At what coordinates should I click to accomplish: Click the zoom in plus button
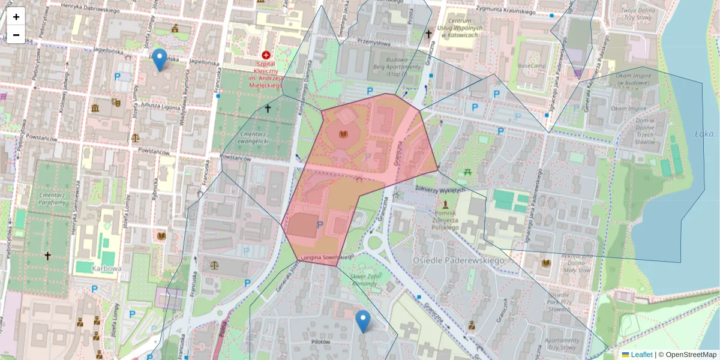pyautogui.click(x=16, y=17)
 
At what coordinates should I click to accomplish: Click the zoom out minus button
pyautogui.click(x=16, y=35)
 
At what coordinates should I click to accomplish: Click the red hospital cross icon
pyautogui.click(x=266, y=55)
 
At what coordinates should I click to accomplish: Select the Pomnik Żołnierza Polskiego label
pyautogui.click(x=445, y=220)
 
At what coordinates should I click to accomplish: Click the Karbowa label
pyautogui.click(x=107, y=269)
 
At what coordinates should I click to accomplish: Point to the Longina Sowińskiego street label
pyautogui.click(x=324, y=257)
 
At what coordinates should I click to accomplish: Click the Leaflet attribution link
pyautogui.click(x=641, y=355)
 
